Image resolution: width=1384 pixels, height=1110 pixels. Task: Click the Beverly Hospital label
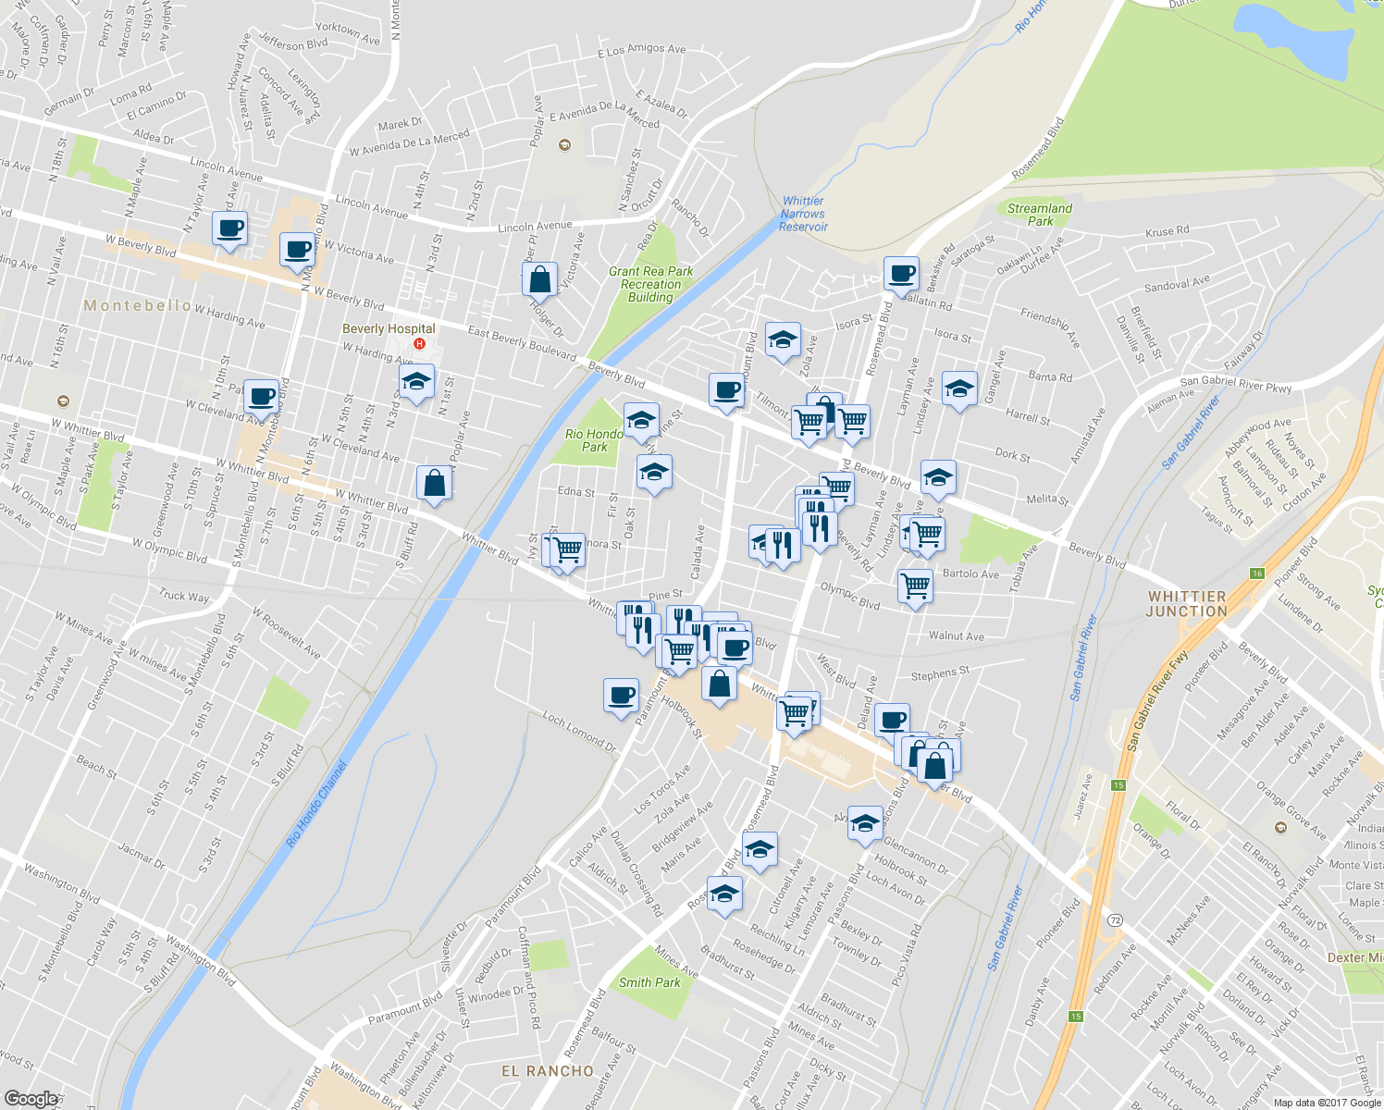389,328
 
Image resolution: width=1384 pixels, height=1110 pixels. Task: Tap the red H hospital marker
419,344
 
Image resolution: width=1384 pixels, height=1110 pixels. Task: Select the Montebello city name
137,305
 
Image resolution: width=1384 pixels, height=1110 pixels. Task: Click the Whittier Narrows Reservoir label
802,214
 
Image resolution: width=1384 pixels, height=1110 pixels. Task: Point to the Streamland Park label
1040,215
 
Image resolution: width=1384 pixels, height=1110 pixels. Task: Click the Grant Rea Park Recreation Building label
650,284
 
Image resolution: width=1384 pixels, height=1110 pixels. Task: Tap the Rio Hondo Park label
594,440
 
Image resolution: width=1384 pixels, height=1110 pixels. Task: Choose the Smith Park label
649,982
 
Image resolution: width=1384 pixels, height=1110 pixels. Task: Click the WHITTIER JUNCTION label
1187,604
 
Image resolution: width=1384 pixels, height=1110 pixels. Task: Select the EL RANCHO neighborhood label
548,1070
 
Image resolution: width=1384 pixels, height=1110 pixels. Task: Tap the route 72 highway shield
1116,920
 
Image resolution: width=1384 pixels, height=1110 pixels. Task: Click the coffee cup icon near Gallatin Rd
901,274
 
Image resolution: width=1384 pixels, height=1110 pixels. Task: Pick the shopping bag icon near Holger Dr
539,278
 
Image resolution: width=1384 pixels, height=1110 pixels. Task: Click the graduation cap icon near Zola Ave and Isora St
783,340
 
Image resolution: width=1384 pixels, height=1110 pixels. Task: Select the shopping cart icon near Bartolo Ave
915,585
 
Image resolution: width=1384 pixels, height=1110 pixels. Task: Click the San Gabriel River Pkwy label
1235,384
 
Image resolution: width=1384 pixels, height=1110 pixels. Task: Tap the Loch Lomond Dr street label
579,731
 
